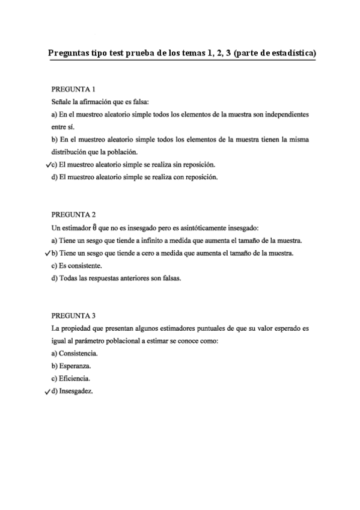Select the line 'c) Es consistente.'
[76, 266]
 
